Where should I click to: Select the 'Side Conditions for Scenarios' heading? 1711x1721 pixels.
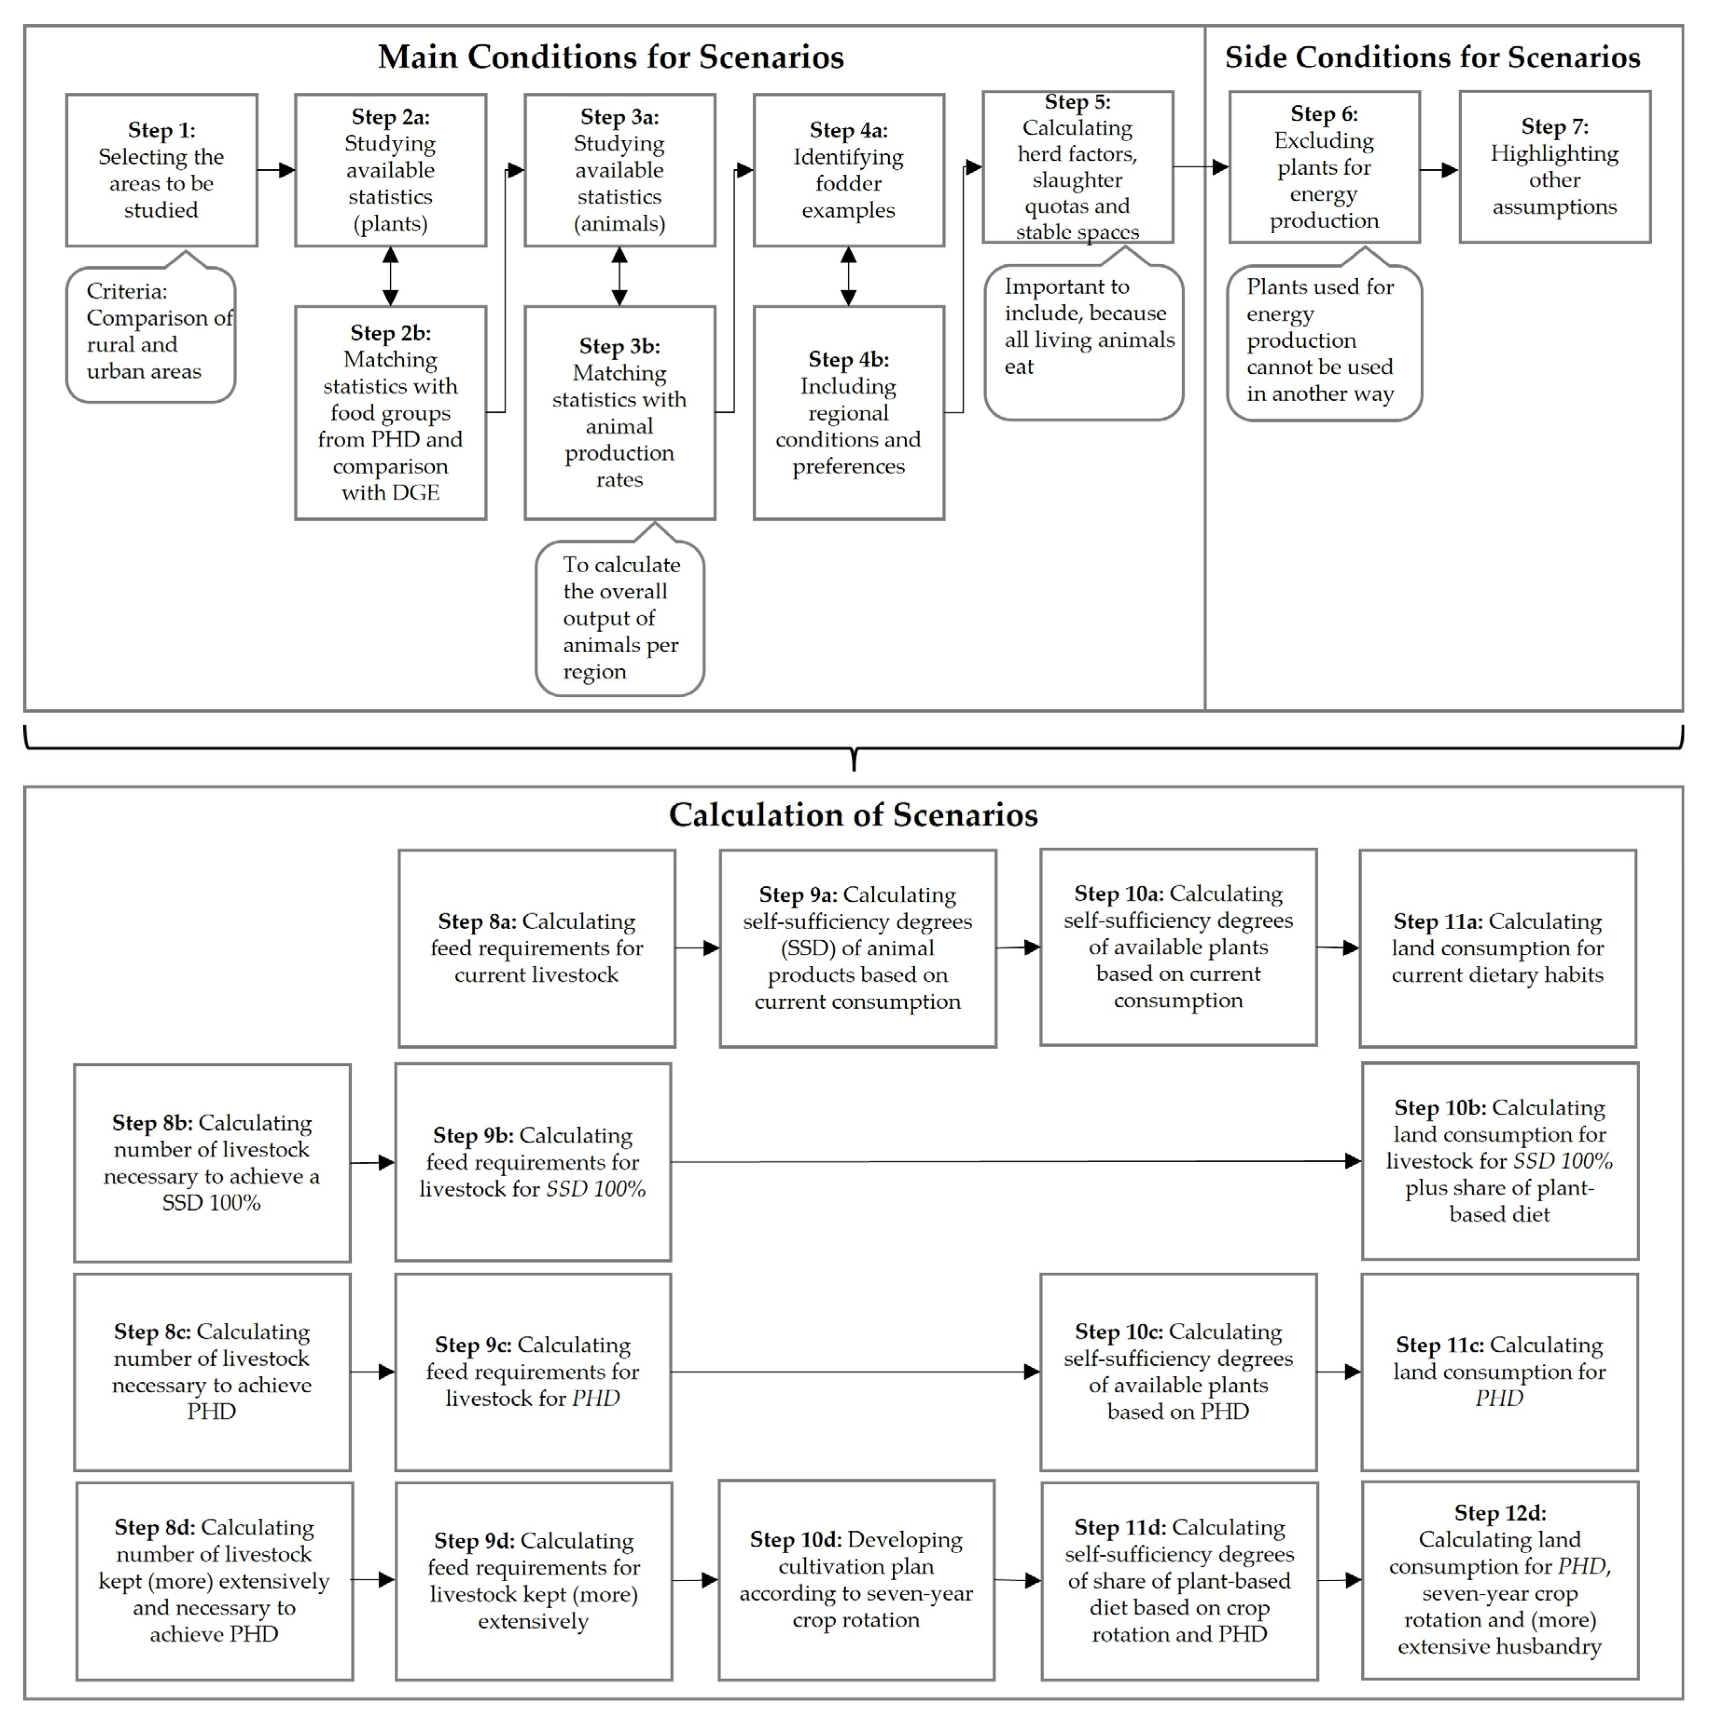[1432, 57]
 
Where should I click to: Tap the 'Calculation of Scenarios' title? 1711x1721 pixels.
[853, 815]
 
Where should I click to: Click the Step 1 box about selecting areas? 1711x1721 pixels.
[161, 170]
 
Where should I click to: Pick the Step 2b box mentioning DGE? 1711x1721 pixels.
[390, 412]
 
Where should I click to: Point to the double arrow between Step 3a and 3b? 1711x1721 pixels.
[619, 276]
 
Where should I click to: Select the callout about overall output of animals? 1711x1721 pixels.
[620, 618]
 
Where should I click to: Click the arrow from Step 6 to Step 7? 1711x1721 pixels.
[1438, 169]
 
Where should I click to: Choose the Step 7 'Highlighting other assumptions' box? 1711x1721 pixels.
[1554, 166]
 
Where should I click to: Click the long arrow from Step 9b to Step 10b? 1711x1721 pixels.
[1015, 1162]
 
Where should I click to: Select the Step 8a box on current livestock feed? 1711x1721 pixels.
[536, 948]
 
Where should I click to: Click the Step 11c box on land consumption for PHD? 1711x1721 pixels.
[1499, 1372]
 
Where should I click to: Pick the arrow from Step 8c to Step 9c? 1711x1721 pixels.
[372, 1372]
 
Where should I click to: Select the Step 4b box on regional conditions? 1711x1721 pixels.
[848, 412]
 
